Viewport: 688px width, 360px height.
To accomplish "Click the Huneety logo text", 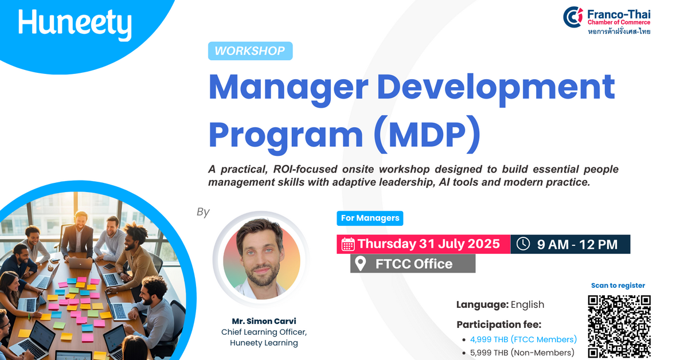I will coord(75,24).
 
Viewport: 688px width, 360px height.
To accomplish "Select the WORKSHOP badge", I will coord(250,51).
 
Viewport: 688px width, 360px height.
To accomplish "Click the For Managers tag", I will coord(370,218).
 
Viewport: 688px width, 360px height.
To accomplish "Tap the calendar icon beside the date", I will coord(348,244).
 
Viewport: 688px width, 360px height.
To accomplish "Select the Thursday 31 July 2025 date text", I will coord(429,244).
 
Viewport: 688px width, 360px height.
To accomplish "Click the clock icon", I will coord(523,244).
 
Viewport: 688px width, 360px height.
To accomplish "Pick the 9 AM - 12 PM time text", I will coord(577,244).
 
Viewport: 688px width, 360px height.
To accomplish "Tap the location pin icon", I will coord(361,264).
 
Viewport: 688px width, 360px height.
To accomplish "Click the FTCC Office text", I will coord(414,264).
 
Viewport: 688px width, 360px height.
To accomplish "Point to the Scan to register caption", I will coord(618,285).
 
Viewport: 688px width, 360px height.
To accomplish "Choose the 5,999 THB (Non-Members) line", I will coord(522,353).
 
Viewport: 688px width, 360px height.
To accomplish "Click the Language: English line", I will coord(500,304).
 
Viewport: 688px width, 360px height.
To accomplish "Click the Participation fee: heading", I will coord(499,324).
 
